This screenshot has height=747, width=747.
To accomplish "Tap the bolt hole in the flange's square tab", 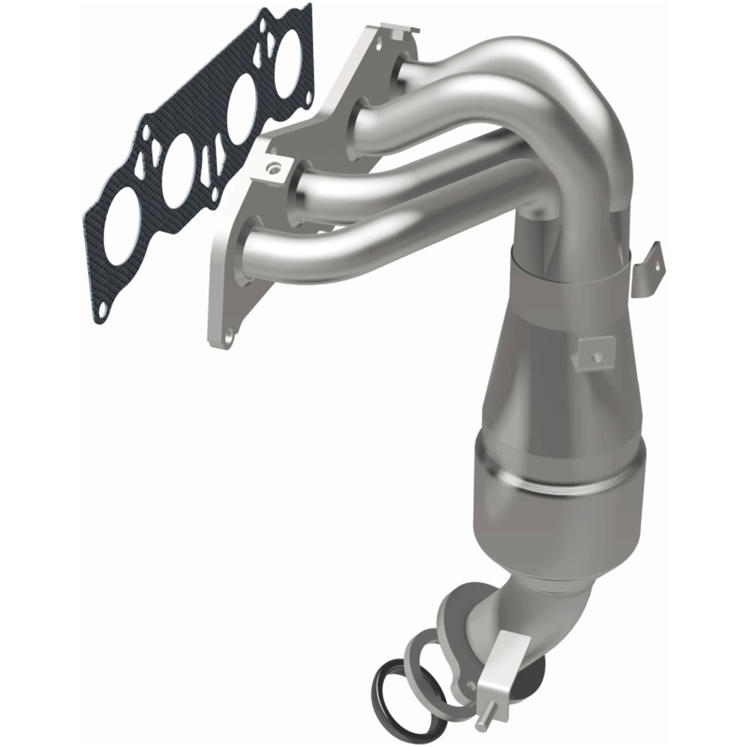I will [270, 169].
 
